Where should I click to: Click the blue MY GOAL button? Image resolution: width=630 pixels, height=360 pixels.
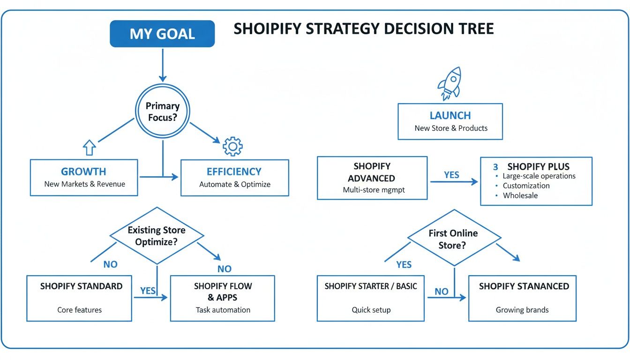coord(162,34)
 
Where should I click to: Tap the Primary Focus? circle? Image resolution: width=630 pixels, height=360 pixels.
coord(162,112)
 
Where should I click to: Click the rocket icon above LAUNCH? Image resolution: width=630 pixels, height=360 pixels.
coord(450,83)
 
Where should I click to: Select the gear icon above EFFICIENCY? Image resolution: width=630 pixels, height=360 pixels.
coord(232,146)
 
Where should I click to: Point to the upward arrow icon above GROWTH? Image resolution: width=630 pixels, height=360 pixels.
coord(89,148)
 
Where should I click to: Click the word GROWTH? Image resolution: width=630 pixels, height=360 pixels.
coord(83,172)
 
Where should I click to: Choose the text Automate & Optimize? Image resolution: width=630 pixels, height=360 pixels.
coord(235,184)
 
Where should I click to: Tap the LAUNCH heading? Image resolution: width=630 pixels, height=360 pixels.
coord(450,115)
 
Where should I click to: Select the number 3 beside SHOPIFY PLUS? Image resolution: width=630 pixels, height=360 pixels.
coord(495,167)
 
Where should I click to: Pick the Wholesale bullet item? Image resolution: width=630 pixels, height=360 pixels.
coord(520,195)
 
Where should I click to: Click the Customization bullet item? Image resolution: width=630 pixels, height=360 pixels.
coord(526,186)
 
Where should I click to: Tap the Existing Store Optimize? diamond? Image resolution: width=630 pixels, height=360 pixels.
coord(157,236)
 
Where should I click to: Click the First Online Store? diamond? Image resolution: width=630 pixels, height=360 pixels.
coord(453,239)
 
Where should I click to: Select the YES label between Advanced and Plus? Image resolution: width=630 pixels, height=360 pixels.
coord(451,175)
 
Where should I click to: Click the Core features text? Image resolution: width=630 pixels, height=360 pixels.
coord(79,310)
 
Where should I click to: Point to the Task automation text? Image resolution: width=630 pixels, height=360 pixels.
coord(223,310)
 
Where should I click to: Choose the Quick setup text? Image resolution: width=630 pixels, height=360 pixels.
coord(371,310)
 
